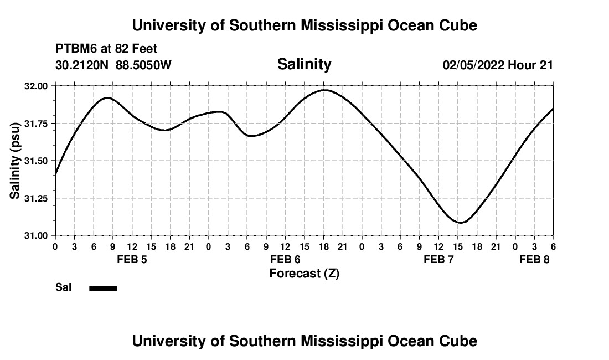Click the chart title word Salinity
point(304,64)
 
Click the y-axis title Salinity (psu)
point(16,161)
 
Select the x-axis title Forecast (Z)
point(304,273)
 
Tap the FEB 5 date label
point(132,260)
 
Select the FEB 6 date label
point(285,260)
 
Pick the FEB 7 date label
point(438,260)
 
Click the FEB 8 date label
point(534,260)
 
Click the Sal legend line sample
point(104,288)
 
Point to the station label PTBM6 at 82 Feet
point(106,49)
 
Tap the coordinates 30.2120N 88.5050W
point(113,65)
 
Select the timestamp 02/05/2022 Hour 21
point(498,65)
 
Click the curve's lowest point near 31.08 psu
point(461,223)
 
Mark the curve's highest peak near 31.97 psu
point(324,90)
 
